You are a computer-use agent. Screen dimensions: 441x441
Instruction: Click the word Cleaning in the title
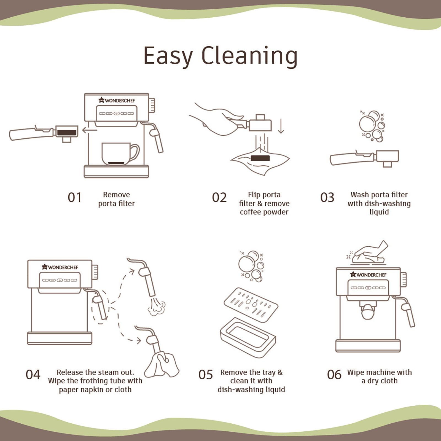[250, 56]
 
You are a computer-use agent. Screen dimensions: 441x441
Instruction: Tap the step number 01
[74, 198]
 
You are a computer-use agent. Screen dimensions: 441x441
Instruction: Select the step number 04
[33, 375]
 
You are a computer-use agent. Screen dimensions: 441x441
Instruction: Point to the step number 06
[334, 375]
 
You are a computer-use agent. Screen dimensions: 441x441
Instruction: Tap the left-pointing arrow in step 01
[90, 130]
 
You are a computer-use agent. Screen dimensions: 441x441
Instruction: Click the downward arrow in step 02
[281, 126]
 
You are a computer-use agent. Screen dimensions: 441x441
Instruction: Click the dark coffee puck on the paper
[260, 158]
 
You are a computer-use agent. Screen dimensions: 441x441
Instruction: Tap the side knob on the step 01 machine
[152, 105]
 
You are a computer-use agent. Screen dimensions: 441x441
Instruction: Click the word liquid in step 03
[379, 212]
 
